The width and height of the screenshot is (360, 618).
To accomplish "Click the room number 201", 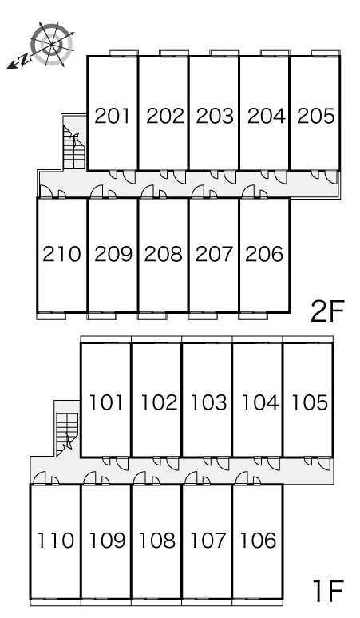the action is pyautogui.click(x=113, y=116).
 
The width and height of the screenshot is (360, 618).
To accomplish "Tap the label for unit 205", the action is pyautogui.click(x=316, y=116).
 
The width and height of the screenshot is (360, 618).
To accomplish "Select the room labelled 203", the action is pyautogui.click(x=215, y=116).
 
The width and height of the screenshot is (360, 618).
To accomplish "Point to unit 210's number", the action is pyautogui.click(x=61, y=254).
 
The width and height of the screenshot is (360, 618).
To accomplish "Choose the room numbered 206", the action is pyautogui.click(x=264, y=254).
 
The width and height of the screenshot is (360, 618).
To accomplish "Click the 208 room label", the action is pyautogui.click(x=164, y=254).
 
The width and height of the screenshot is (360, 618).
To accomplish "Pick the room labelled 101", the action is pyautogui.click(x=106, y=402).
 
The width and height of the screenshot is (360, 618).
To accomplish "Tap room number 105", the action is pyautogui.click(x=310, y=402).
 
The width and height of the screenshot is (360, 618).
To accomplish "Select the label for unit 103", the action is pyautogui.click(x=209, y=402).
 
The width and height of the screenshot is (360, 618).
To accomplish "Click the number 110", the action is pyautogui.click(x=56, y=541).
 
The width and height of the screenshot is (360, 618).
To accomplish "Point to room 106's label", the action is pyautogui.click(x=258, y=541).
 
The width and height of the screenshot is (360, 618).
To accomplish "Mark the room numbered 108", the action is pyautogui.click(x=157, y=541).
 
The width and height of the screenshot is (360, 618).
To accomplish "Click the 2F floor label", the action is pyautogui.click(x=327, y=311).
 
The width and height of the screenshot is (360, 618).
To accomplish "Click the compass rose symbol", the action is pyautogui.click(x=52, y=43).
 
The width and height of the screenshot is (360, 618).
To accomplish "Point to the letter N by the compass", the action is pyautogui.click(x=25, y=60).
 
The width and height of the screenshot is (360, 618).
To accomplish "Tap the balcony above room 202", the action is pyautogui.click(x=174, y=53).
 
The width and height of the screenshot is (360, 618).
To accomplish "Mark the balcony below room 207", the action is pyautogui.click(x=203, y=315).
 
